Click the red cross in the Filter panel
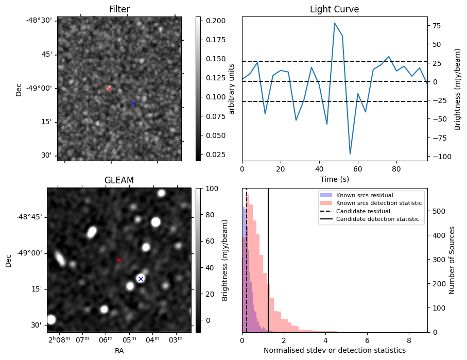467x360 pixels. pyautogui.click(x=109, y=89)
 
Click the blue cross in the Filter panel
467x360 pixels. pyautogui.click(x=133, y=103)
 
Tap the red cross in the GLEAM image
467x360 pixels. pyautogui.click(x=119, y=260)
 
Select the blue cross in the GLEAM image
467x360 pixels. pyautogui.click(x=141, y=279)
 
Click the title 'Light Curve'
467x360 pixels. pyautogui.click(x=334, y=9)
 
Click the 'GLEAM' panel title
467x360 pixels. pyautogui.click(x=119, y=180)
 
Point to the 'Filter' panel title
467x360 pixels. pyautogui.click(x=119, y=9)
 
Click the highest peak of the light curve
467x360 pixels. pyautogui.click(x=335, y=23)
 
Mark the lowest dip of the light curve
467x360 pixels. pyautogui.click(x=350, y=154)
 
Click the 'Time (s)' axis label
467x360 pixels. pyautogui.click(x=334, y=179)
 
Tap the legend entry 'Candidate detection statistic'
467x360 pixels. pyautogui.click(x=378, y=219)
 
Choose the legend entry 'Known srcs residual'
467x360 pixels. pyautogui.click(x=364, y=195)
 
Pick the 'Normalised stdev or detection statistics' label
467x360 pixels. pyautogui.click(x=334, y=351)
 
